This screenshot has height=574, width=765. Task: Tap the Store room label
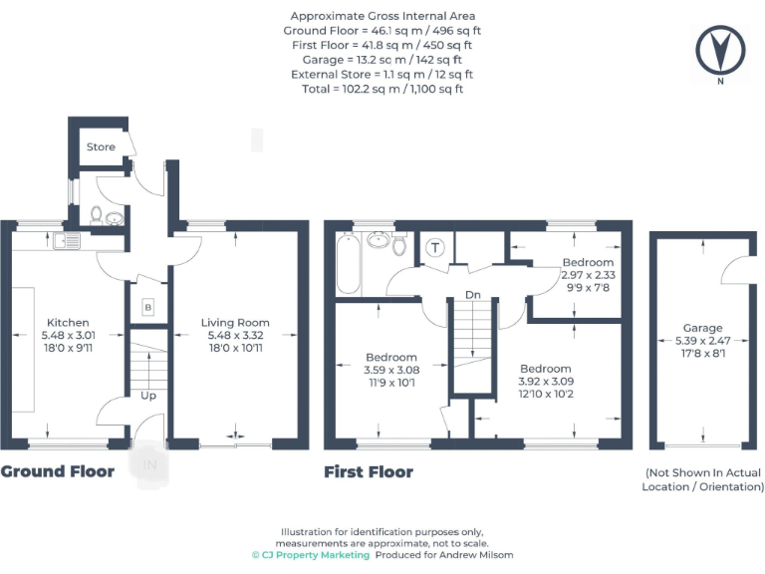click(x=101, y=146)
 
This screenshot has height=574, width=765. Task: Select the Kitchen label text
click(x=68, y=322)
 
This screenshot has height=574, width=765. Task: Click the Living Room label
click(x=235, y=322)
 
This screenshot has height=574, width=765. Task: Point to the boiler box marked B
click(x=148, y=307)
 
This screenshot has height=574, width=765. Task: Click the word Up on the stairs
click(x=148, y=396)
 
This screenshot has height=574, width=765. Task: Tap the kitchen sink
click(x=67, y=240)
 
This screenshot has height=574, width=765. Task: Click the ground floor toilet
click(x=97, y=214)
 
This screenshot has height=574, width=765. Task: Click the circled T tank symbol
click(x=435, y=247)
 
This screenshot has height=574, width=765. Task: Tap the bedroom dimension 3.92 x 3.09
click(x=545, y=381)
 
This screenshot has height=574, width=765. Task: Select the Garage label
click(x=702, y=328)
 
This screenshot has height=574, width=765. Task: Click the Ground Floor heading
click(x=57, y=471)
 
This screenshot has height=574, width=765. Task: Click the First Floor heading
click(x=368, y=471)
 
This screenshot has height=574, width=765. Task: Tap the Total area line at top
click(x=382, y=89)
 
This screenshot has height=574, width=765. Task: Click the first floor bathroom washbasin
click(x=378, y=239)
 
